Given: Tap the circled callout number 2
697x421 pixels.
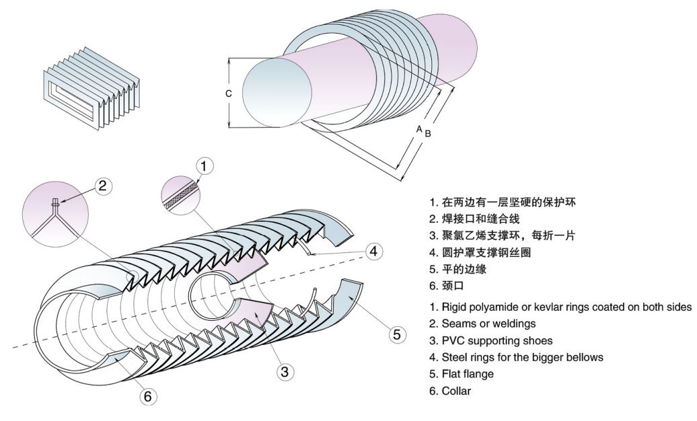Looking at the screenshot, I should pos(102,186).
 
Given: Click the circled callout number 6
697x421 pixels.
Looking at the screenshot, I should pos(147,397).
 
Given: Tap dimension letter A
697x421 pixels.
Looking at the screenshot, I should pos(418,128).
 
